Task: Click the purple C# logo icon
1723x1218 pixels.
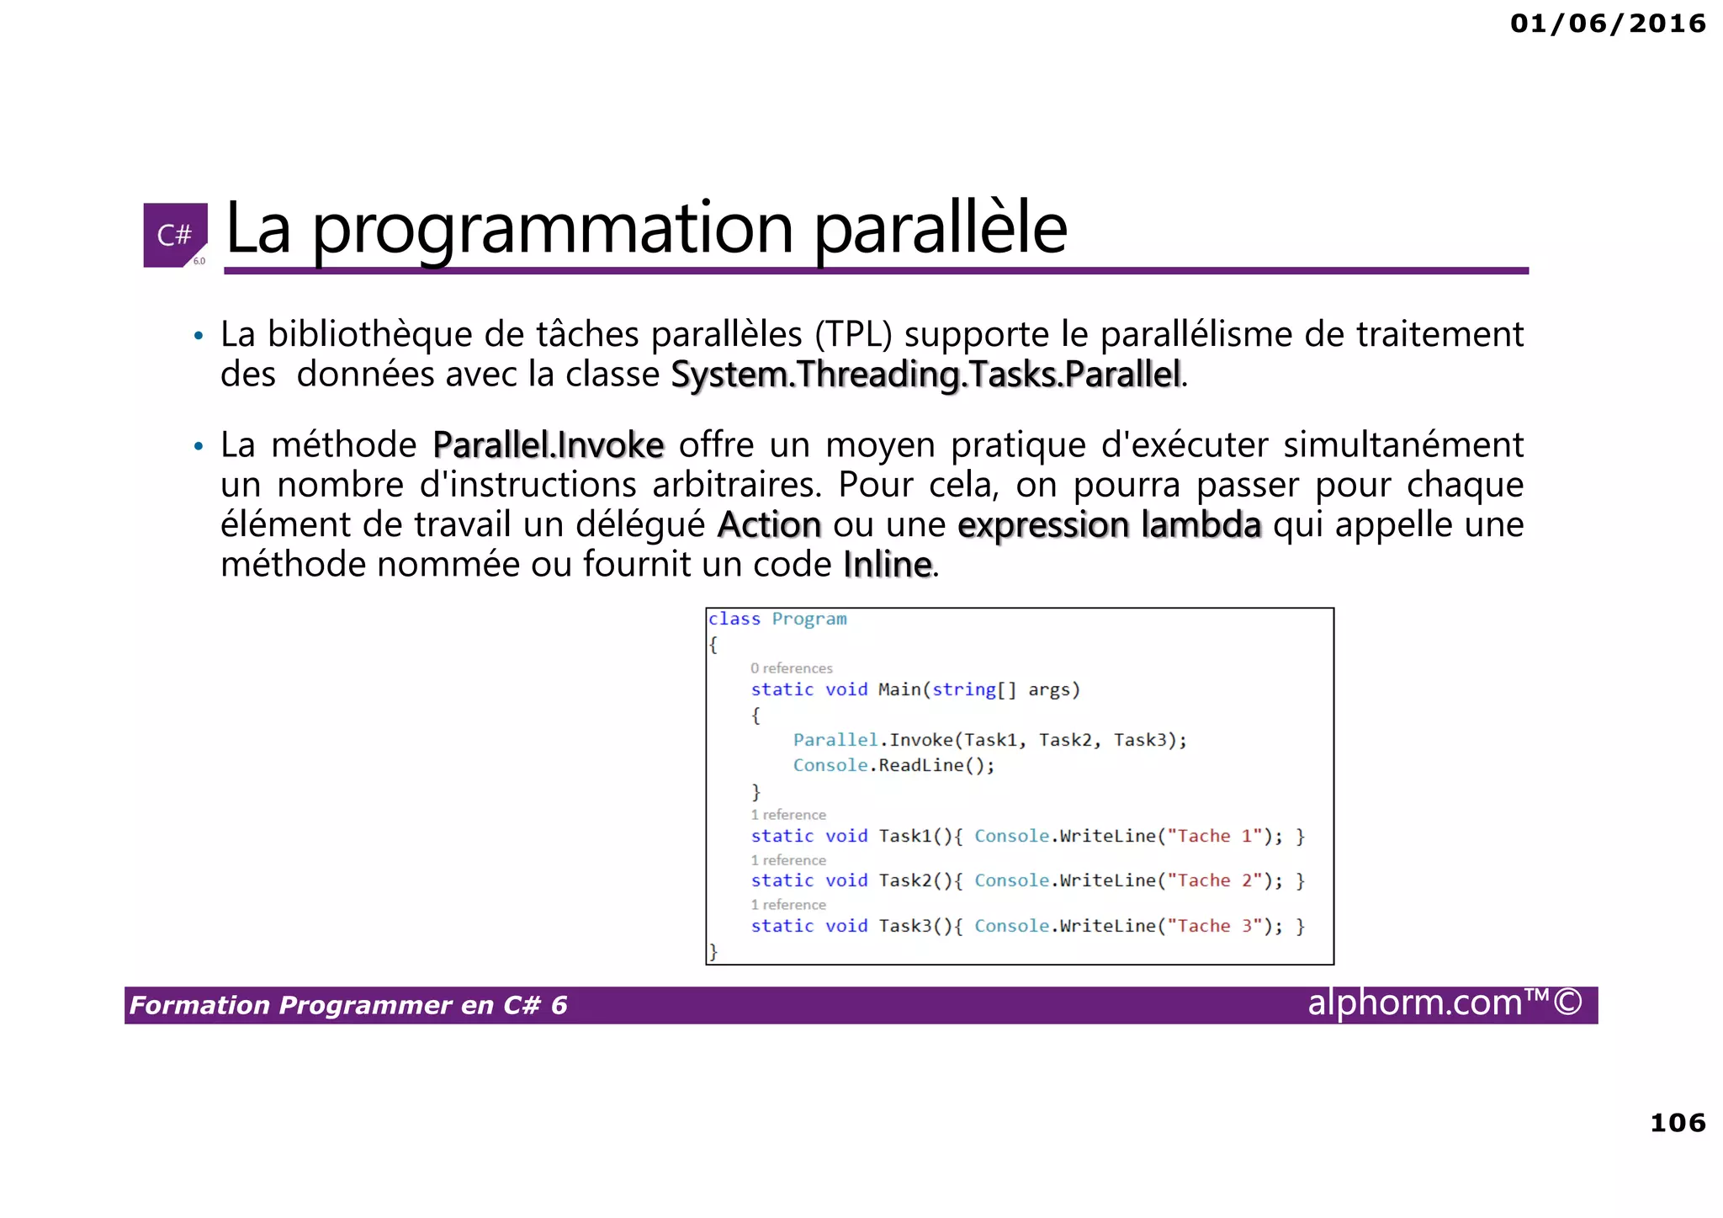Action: [x=175, y=235]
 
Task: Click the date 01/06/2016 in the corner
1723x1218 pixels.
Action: [x=1607, y=23]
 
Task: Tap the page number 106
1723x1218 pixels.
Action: [x=1677, y=1122]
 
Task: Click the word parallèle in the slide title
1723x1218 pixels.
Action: [x=940, y=229]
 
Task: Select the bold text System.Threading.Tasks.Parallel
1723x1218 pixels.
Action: [x=926, y=375]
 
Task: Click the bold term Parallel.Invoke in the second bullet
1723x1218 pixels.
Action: [x=548, y=445]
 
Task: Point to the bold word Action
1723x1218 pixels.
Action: [x=769, y=524]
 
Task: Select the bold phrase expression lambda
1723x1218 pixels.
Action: [x=1109, y=524]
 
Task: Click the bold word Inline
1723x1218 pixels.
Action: [x=887, y=565]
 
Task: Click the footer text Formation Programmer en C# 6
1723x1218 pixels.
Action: [x=348, y=1005]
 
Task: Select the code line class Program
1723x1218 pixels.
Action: [x=777, y=619]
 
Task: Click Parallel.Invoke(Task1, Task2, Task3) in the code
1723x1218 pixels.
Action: [x=989, y=740]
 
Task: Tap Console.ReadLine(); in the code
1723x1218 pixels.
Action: [x=893, y=765]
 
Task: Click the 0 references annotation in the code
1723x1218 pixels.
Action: [x=791, y=668]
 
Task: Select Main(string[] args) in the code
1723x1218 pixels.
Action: [x=978, y=689]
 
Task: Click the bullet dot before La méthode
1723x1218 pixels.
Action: [x=199, y=446]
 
